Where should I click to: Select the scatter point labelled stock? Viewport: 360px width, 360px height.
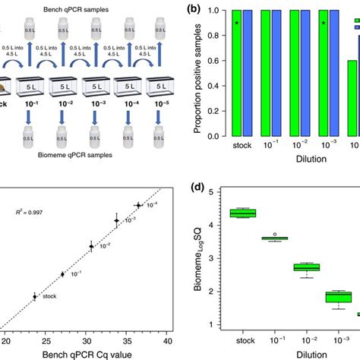coord(35,297)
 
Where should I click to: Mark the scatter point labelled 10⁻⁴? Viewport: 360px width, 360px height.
coord(138,205)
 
